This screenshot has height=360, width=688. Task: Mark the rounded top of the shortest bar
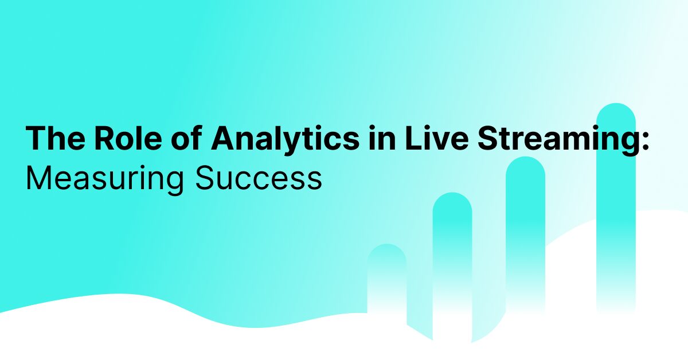pyautogui.click(x=387, y=252)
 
